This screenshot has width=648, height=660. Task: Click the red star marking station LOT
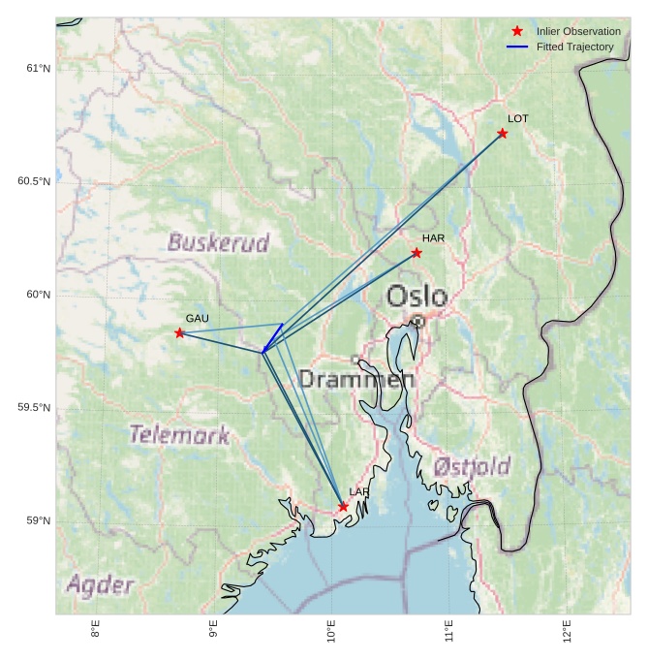[x=502, y=134]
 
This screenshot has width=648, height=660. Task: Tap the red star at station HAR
[x=417, y=253]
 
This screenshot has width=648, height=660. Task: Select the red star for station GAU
[x=179, y=333]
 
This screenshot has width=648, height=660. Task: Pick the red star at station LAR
[x=343, y=507]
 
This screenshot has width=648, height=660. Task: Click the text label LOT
[x=518, y=118]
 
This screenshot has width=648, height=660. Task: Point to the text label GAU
[x=197, y=319]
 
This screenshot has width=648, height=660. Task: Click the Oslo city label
[x=417, y=297]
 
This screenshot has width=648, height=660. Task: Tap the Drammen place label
[x=356, y=379]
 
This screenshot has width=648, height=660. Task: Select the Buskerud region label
[x=218, y=242]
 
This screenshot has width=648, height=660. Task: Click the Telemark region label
[x=179, y=434]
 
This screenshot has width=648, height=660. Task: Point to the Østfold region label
[x=472, y=466]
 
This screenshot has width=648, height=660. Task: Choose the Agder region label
[x=100, y=584]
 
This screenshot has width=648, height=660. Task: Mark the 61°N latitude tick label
[x=37, y=68]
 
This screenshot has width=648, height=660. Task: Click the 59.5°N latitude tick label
[x=34, y=408]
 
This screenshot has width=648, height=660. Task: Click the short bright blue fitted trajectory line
[x=272, y=338]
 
